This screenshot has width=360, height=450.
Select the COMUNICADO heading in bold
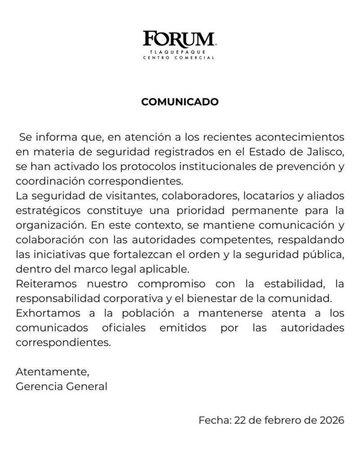180,102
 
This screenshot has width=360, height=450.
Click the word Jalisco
326,149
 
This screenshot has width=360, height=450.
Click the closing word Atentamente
49,372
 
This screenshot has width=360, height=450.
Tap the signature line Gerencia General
62,386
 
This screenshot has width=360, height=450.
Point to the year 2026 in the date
331,421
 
